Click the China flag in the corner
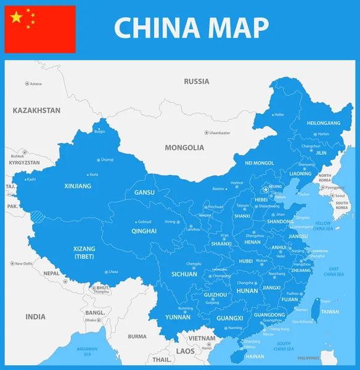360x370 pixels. coord(40,30)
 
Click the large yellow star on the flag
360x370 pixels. coord(17,17)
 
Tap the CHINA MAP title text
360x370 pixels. coord(191,28)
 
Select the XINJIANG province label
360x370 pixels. coord(78,185)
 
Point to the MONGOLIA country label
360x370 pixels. coord(184,148)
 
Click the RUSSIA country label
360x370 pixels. coord(197,81)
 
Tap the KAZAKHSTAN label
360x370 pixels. coord(36,110)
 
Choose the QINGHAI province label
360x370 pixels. coord(144,231)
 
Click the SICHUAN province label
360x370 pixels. coord(184,274)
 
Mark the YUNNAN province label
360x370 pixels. coord(178,317)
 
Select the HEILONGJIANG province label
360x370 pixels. coord(323,123)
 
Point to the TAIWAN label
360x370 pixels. coord(330,312)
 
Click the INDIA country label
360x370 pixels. coord(35,317)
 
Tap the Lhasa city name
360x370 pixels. coord(112,272)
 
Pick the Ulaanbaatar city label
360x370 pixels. coord(219,133)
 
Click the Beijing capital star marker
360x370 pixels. coord(266,189)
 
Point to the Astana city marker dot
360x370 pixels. coord(27,83)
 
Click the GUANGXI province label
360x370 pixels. coord(230,318)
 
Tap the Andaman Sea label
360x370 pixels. coord(87,352)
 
